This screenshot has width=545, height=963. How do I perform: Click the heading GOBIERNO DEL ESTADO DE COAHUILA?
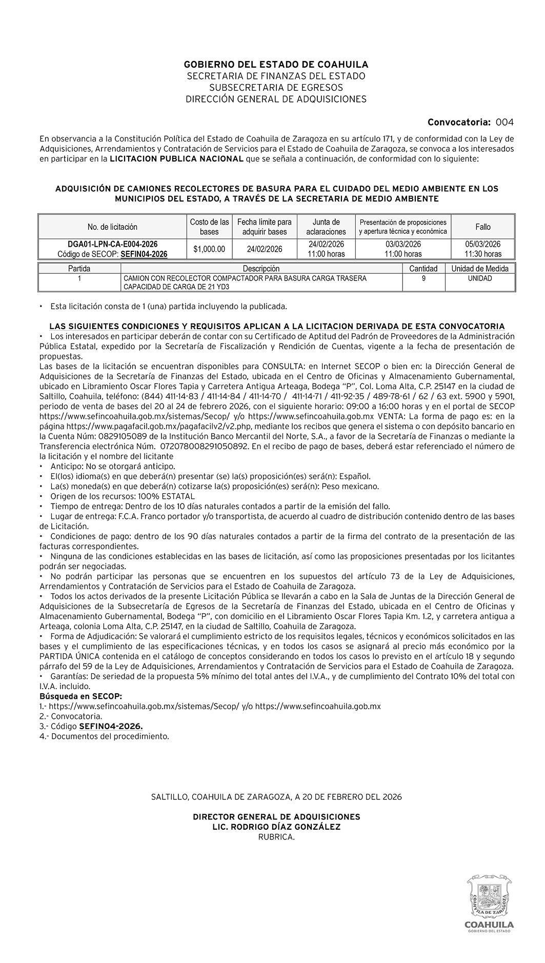click(x=276, y=65)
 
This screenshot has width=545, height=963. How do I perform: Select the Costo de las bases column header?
click(x=209, y=227)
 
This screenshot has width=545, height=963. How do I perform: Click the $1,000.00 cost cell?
click(x=209, y=249)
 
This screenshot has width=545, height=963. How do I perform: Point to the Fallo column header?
click(x=482, y=227)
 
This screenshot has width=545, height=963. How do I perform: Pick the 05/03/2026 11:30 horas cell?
click(x=482, y=249)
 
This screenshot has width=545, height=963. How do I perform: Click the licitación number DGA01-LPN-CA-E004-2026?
click(x=113, y=244)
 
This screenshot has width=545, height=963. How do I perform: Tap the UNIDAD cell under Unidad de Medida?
click(x=480, y=278)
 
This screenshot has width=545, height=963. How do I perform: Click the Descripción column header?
click(x=261, y=269)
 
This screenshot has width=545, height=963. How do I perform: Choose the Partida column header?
click(x=79, y=269)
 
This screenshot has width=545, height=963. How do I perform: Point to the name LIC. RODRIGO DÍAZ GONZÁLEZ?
click(x=276, y=827)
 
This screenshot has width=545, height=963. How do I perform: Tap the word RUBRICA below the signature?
click(x=276, y=837)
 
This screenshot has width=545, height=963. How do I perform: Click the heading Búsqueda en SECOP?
click(x=81, y=696)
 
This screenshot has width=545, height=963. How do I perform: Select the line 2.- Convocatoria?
click(x=71, y=716)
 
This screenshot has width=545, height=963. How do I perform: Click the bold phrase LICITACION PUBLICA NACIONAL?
click(x=177, y=158)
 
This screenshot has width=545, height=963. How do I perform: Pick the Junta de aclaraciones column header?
click(x=326, y=227)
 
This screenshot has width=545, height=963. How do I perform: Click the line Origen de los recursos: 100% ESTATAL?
click(x=123, y=496)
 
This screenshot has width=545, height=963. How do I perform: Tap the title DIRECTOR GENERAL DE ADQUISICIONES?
click(x=276, y=816)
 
